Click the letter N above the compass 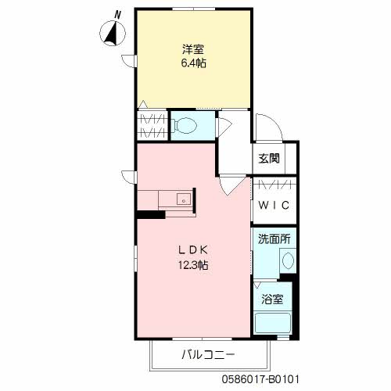point(118,13)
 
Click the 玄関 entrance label point(269,159)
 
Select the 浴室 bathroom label point(273,298)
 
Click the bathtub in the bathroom point(274,322)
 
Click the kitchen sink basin point(183,199)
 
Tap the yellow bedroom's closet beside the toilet point(150,125)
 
